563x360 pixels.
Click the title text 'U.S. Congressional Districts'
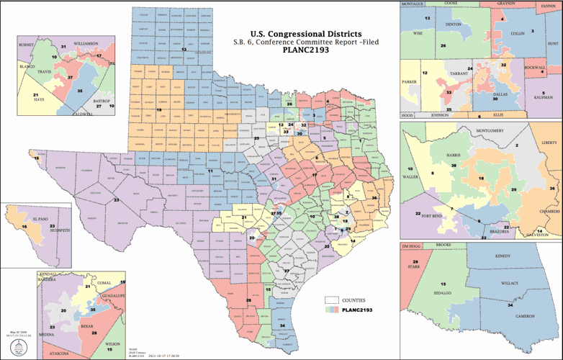click(x=303, y=34)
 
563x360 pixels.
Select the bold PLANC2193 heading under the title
click(x=303, y=51)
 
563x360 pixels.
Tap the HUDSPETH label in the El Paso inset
click(x=58, y=232)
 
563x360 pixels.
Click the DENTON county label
click(x=454, y=24)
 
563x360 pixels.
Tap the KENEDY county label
click(x=503, y=256)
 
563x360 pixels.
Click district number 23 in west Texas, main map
click(x=116, y=199)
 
